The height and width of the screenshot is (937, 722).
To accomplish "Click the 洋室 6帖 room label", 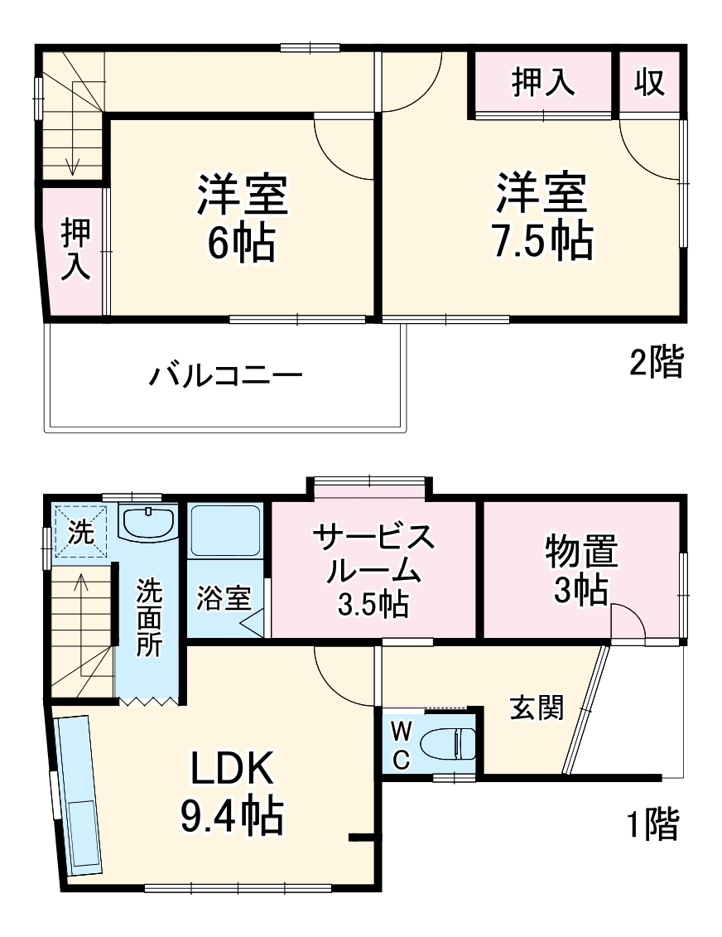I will click(x=241, y=218).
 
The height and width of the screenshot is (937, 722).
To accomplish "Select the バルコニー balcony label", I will click(x=225, y=377).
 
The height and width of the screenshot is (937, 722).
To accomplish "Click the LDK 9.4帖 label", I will click(x=232, y=794).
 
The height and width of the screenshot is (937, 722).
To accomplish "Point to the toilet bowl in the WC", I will click(x=447, y=742).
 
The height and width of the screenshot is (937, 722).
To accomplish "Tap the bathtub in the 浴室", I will click(x=225, y=530).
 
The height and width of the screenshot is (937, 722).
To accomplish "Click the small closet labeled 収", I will click(x=650, y=82).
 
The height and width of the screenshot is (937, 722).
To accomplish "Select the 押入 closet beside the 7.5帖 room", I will click(x=542, y=82).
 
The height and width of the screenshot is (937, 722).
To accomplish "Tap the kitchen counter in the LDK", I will click(x=79, y=795).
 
